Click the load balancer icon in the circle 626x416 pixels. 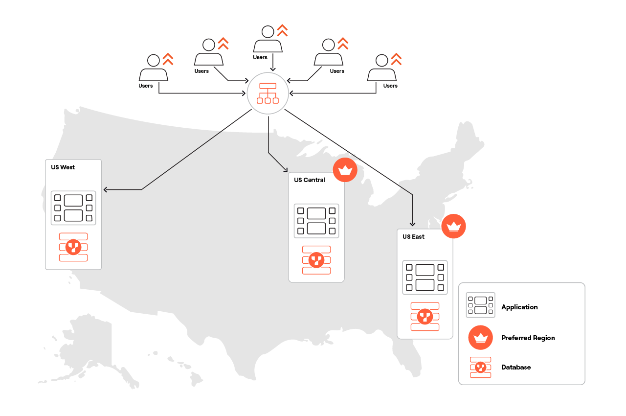268,93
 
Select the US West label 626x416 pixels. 63,167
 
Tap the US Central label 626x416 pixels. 309,180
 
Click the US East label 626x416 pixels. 413,237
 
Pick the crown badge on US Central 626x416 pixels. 345,170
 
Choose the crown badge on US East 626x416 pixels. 454,226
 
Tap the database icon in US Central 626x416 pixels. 316,260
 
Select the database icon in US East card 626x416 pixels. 425,317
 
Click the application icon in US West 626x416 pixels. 73,208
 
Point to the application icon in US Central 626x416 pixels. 316,221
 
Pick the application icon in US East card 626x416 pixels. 425,277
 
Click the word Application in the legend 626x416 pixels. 519,307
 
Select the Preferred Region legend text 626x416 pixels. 528,338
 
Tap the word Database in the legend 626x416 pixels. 516,367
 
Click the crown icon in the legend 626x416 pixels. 480,338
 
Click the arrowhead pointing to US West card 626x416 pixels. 105,189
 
